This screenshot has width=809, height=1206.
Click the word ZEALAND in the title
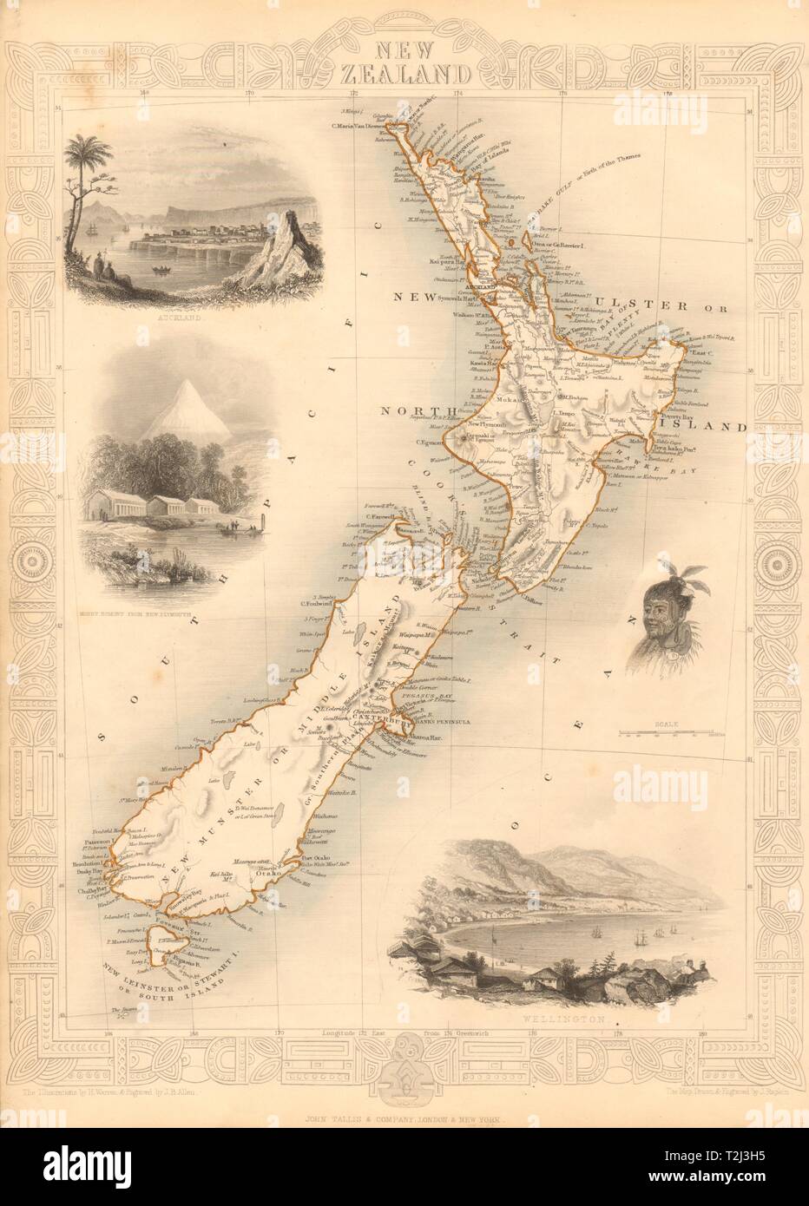tap(405, 72)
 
